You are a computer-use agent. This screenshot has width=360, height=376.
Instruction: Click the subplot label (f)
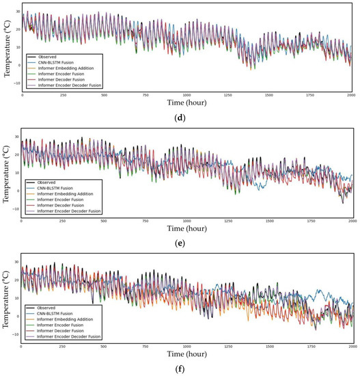click(186, 371)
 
